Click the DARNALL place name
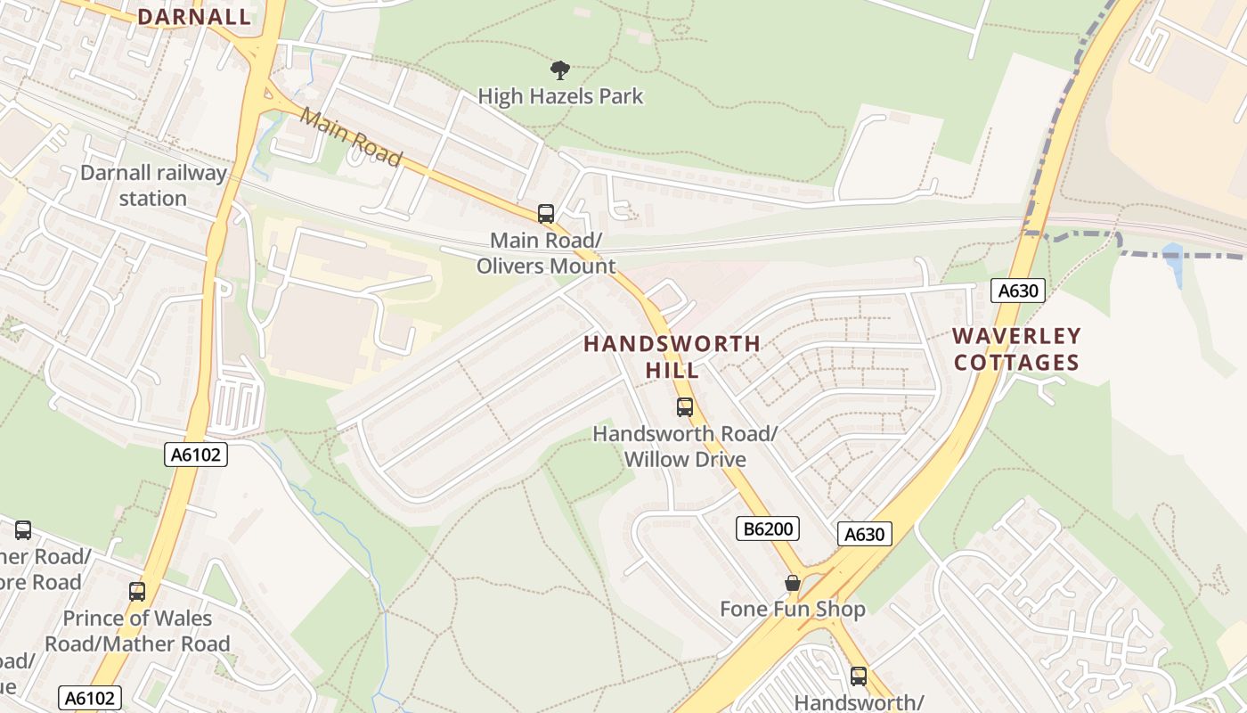point(194,17)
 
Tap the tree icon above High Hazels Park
point(560,70)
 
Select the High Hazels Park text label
point(560,96)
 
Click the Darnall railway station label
point(153,185)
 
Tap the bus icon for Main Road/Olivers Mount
point(546,214)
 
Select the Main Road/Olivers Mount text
point(546,253)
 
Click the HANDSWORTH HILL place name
point(672,356)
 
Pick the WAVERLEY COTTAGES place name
point(1016,349)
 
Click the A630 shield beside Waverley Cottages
point(1017,291)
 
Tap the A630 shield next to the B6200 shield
point(864,534)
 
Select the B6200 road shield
point(768,529)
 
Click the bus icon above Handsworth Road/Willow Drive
point(684,407)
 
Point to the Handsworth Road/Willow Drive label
point(685,447)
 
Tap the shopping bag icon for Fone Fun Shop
point(792,583)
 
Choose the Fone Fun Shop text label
point(793,610)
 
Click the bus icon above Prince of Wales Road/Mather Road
point(136,592)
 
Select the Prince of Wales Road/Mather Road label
point(137,631)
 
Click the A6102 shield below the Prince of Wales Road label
point(89,697)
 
